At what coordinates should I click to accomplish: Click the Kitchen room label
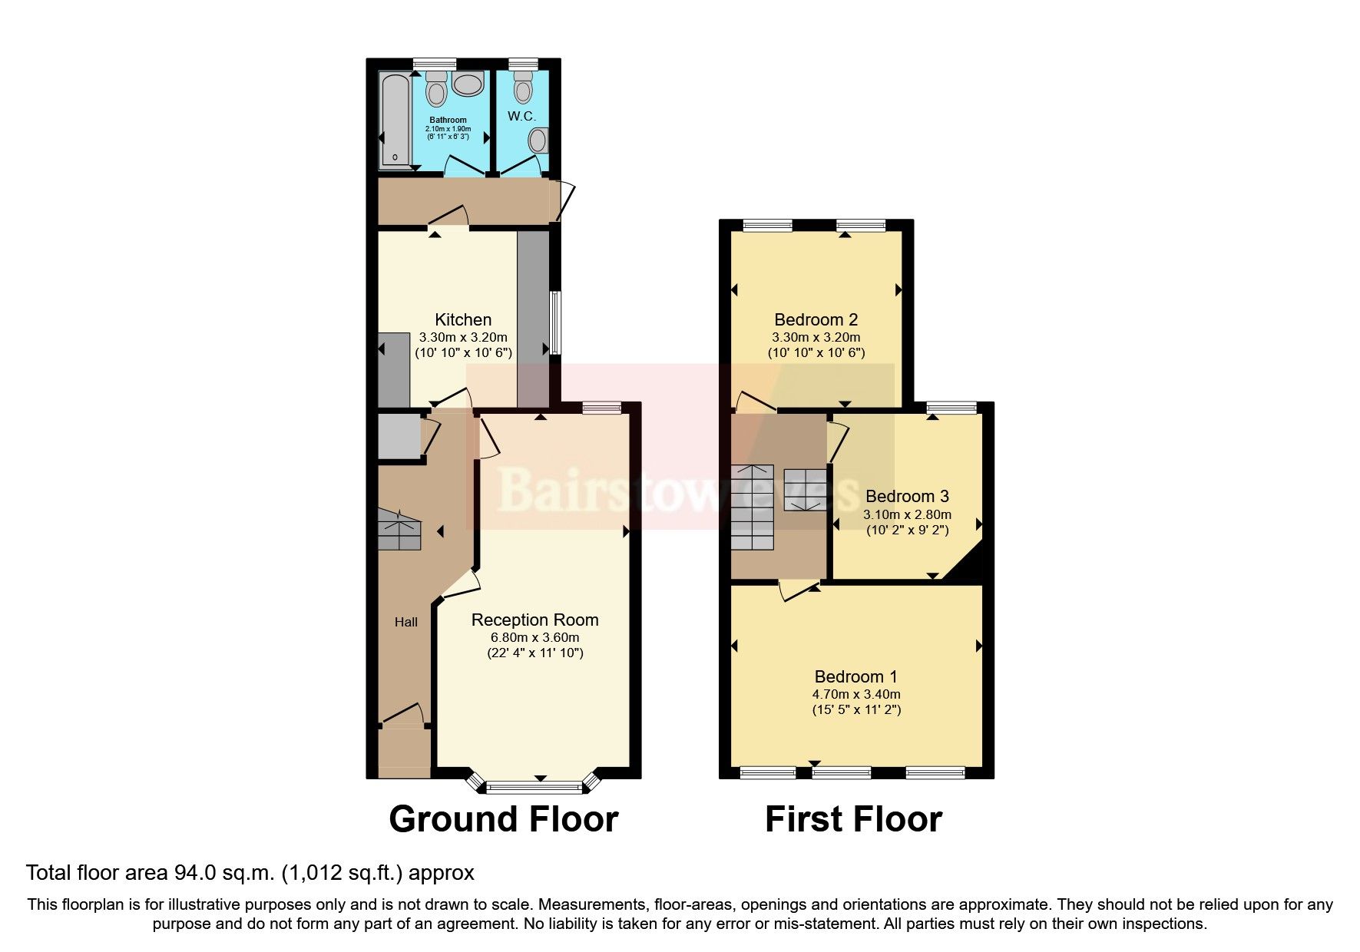point(463,319)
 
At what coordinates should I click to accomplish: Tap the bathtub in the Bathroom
point(395,121)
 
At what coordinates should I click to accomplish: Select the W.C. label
point(521,117)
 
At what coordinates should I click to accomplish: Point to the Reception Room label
point(534,620)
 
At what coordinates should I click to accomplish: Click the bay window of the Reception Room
point(535,785)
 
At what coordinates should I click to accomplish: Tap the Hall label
point(406,622)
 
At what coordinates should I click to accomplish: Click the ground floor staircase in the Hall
point(399,530)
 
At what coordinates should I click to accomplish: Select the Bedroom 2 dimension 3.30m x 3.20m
point(816,337)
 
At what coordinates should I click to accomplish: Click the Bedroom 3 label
point(907,496)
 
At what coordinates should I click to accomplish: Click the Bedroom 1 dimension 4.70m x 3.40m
point(856,694)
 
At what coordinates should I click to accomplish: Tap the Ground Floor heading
point(503,819)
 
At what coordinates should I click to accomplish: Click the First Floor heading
point(853,819)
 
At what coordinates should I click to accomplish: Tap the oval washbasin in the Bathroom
point(467,84)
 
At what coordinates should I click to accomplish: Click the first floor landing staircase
point(752,507)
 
